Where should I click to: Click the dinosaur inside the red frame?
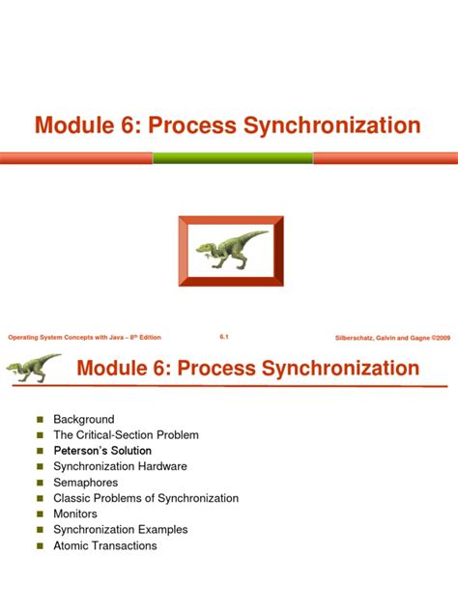[232, 249]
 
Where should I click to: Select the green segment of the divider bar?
[233, 157]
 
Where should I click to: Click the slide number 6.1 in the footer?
[224, 337]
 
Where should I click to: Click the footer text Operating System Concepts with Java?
[84, 337]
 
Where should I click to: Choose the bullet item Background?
[83, 419]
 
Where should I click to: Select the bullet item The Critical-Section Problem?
[126, 435]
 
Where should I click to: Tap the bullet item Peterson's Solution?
[102, 451]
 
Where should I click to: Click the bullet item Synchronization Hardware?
[120, 466]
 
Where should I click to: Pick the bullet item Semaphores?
[85, 483]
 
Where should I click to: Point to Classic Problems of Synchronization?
[146, 498]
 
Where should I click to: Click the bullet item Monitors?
[75, 514]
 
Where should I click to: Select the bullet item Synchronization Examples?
[120, 530]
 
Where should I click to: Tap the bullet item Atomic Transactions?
[104, 545]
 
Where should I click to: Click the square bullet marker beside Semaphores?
[40, 483]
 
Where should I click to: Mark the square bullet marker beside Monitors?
[40, 514]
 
